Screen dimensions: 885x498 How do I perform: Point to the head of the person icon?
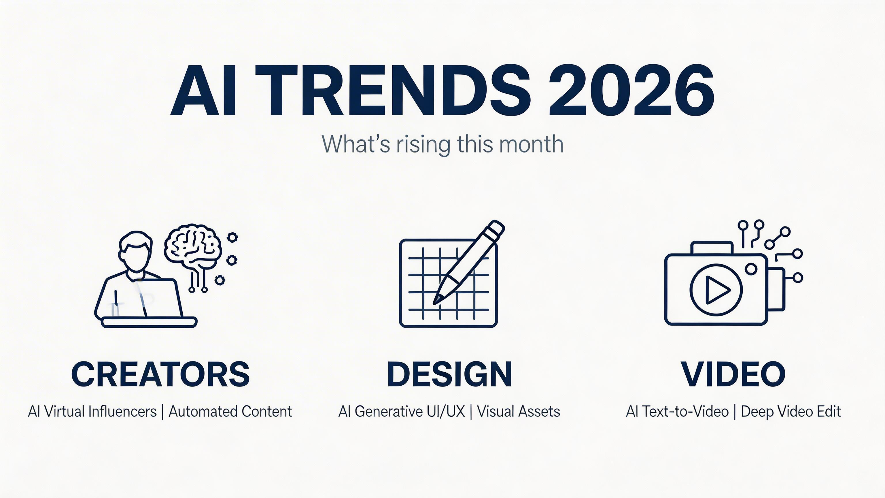click(135, 251)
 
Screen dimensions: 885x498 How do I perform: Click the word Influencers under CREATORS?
click(122, 411)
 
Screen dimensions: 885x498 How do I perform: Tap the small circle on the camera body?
click(751, 269)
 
